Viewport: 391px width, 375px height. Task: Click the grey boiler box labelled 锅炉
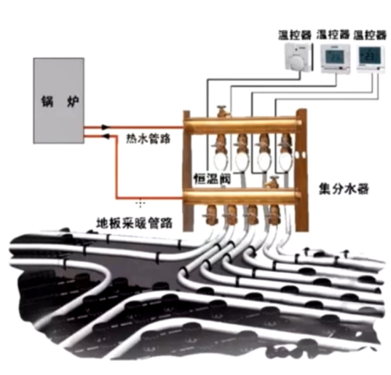pyautogui.click(x=58, y=101)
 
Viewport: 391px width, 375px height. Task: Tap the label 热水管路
pyautogui.click(x=148, y=139)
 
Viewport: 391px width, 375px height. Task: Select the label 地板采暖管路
pyautogui.click(x=135, y=223)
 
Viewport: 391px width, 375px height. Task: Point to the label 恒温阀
pyautogui.click(x=212, y=179)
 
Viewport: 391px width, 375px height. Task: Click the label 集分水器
pyautogui.click(x=344, y=189)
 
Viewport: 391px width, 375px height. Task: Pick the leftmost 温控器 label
pyautogui.click(x=295, y=35)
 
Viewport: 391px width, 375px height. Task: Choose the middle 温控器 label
pyautogui.click(x=333, y=35)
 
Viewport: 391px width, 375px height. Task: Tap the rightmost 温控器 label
pyautogui.click(x=370, y=35)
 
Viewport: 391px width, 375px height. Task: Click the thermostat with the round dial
pyautogui.click(x=298, y=57)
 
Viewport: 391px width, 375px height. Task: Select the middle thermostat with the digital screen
pyautogui.click(x=335, y=58)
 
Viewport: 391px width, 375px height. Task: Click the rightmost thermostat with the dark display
pyautogui.click(x=371, y=59)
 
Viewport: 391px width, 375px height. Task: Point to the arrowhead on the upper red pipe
pyautogui.click(x=106, y=127)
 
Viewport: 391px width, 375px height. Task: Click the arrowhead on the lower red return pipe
pyautogui.click(x=106, y=136)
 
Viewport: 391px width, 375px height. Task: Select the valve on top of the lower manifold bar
pyautogui.click(x=272, y=182)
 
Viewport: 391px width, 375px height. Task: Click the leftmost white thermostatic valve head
pyautogui.click(x=221, y=161)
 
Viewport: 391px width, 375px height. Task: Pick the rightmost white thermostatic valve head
pyautogui.click(x=285, y=161)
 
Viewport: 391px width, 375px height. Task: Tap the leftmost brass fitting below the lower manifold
pyautogui.click(x=211, y=214)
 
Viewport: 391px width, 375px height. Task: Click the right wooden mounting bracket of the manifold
pyautogui.click(x=301, y=170)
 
